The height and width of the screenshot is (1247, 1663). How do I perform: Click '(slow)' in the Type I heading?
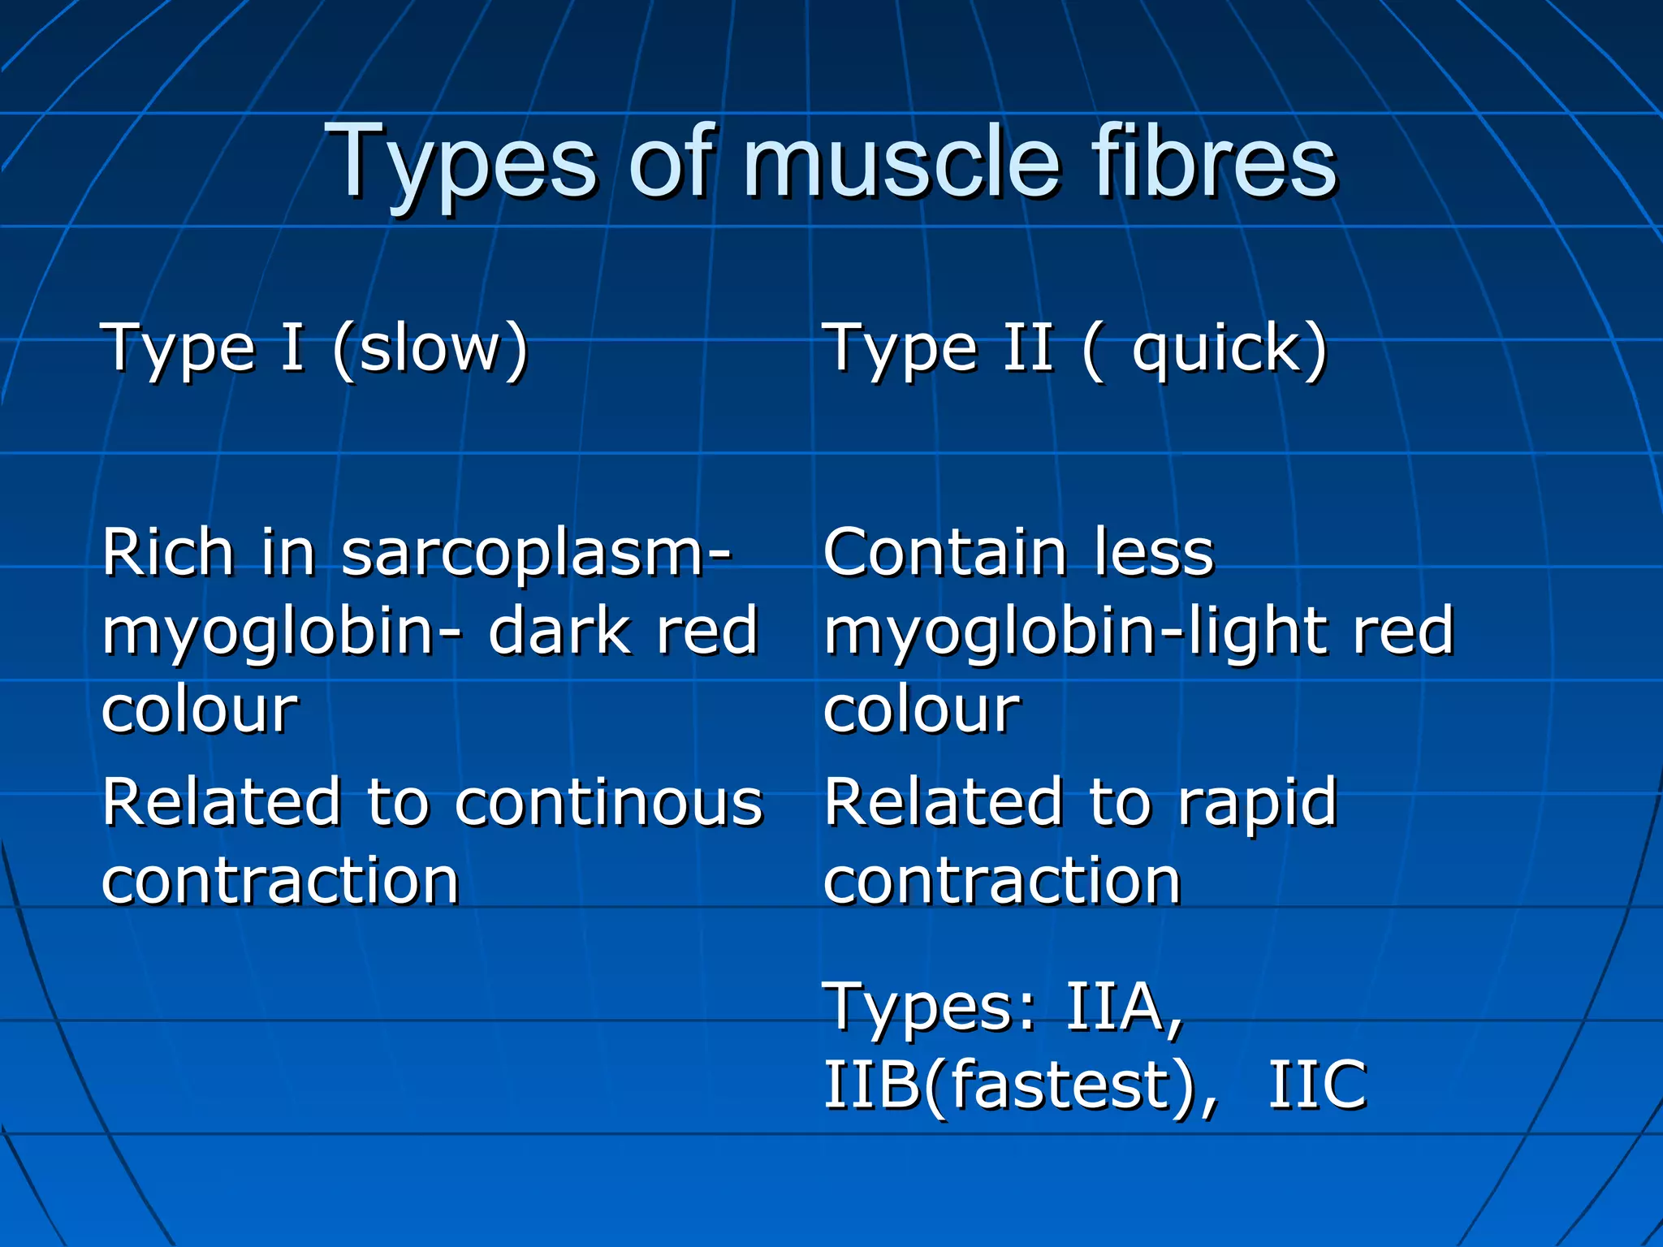coord(431,349)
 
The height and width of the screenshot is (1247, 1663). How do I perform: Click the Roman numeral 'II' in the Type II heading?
coord(1029,347)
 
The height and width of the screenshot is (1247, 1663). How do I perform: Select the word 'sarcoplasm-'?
coord(536,554)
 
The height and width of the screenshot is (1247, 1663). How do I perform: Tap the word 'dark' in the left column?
coord(555,632)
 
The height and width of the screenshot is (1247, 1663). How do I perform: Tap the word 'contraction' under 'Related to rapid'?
coord(1002,881)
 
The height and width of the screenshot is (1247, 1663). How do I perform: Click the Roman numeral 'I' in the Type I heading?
coord(292,347)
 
